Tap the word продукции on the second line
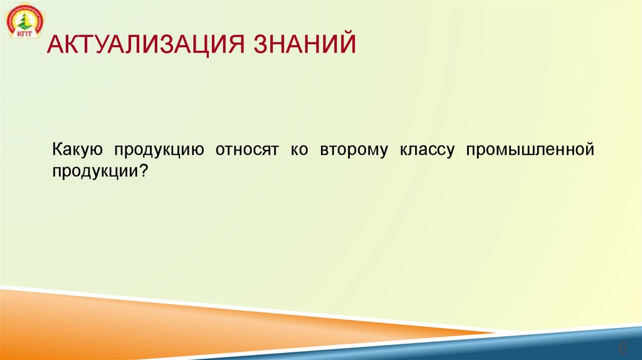pyautogui.click(x=96, y=170)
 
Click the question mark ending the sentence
pyautogui.click(x=145, y=170)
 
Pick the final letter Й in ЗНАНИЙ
pyautogui.click(x=347, y=46)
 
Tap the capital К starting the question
pyautogui.click(x=56, y=151)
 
